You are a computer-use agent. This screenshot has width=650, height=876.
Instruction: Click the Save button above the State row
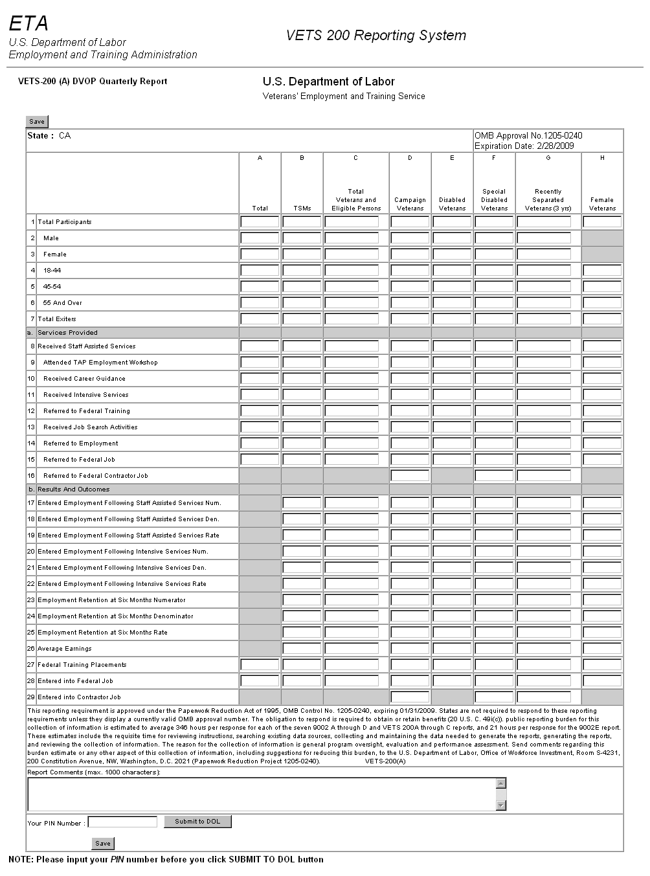[x=37, y=122]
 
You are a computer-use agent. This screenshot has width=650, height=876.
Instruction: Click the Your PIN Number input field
[x=122, y=822]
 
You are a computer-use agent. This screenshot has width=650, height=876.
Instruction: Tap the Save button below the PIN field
[x=103, y=843]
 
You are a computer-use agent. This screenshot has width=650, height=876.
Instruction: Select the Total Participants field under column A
[x=260, y=222]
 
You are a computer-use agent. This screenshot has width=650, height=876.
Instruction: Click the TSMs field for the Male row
[x=302, y=238]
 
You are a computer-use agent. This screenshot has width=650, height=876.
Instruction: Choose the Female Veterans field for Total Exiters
[x=602, y=319]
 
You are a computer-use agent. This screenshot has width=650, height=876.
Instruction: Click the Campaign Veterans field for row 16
[x=410, y=476]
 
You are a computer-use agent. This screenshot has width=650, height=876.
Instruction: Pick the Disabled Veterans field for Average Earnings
[x=452, y=649]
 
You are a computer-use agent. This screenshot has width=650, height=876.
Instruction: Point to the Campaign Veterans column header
[x=410, y=204]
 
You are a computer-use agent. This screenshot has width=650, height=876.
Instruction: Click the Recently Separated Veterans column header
[x=548, y=200]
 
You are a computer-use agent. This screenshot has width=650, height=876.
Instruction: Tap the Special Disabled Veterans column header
[x=494, y=200]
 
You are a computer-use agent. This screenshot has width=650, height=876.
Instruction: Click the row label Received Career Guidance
[x=84, y=379]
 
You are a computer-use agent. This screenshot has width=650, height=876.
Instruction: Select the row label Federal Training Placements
[x=82, y=665]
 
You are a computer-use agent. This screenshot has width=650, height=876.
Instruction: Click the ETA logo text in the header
[x=28, y=24]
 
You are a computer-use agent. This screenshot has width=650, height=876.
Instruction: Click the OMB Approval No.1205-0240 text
[x=528, y=136]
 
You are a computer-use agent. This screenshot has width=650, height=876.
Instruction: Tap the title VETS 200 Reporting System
[x=375, y=36]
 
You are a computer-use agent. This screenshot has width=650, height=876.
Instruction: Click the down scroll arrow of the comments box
[x=500, y=805]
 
